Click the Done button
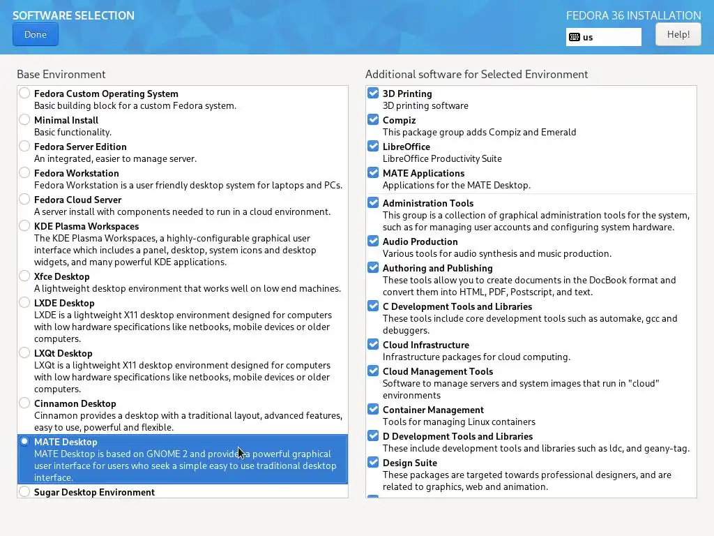[36, 34]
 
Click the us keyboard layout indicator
[604, 37]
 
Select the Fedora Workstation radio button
[25, 172]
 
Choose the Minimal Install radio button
[25, 119]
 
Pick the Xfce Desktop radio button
[25, 276]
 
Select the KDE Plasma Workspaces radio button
[25, 225]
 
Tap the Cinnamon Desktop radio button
[25, 403]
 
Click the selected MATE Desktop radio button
[25, 441]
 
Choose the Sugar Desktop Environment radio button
[25, 491]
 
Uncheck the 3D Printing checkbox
[373, 93]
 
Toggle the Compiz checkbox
[373, 119]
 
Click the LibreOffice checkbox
[373, 146]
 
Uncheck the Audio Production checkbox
[373, 241]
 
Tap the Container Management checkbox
[373, 409]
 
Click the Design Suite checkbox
[373, 462]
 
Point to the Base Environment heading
[61, 74]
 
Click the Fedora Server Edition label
[80, 147]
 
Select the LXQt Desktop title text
[63, 353]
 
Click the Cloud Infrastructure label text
[425, 345]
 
